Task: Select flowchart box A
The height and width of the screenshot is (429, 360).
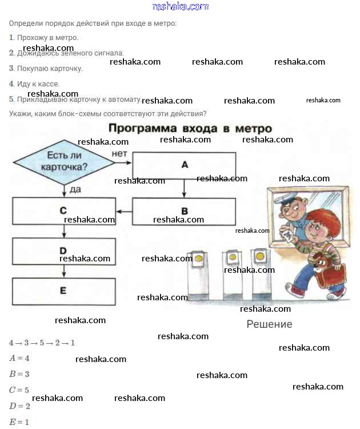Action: (184, 165)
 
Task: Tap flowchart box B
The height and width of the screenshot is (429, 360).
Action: (184, 211)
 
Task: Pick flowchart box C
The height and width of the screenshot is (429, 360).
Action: (63, 211)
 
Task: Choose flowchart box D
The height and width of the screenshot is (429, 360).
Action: (63, 251)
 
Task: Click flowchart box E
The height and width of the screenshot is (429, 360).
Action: (63, 291)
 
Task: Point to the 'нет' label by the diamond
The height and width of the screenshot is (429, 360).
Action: (119, 154)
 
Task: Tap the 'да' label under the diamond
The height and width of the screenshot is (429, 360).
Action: (74, 188)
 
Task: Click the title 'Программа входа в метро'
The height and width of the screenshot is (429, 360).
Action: (190, 128)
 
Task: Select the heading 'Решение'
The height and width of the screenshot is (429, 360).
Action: (269, 324)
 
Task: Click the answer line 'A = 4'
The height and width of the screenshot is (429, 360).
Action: (19, 358)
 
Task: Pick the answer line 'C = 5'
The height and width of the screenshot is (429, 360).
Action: (19, 390)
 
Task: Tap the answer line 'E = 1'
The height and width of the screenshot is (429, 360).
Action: (19, 423)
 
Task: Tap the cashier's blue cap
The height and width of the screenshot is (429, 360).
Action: (287, 199)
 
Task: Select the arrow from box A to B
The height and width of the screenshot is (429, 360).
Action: (184, 188)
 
